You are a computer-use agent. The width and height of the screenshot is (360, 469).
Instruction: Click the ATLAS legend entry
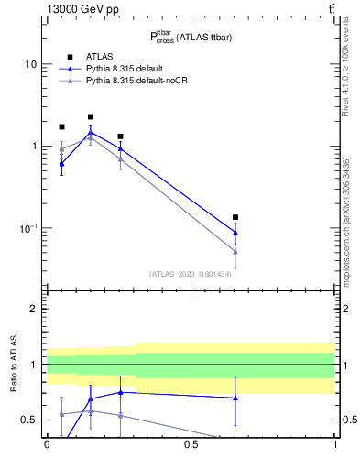(x=102, y=57)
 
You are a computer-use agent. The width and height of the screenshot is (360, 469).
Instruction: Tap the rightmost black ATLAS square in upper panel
(x=235, y=217)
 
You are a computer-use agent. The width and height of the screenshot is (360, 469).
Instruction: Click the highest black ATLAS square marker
(x=91, y=117)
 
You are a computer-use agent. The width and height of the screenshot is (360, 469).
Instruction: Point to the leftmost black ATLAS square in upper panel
(x=61, y=126)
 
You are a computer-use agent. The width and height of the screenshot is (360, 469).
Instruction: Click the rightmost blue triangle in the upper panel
(x=235, y=232)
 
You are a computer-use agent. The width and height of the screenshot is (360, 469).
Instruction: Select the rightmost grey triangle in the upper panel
(x=235, y=251)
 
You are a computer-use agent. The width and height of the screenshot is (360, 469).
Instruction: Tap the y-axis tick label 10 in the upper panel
(x=30, y=65)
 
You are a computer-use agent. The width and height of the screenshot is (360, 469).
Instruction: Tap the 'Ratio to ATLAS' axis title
(x=12, y=365)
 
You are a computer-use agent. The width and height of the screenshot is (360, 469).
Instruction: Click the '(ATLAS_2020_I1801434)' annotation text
(x=191, y=274)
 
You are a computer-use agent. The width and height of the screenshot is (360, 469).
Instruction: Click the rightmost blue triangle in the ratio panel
(x=235, y=398)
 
